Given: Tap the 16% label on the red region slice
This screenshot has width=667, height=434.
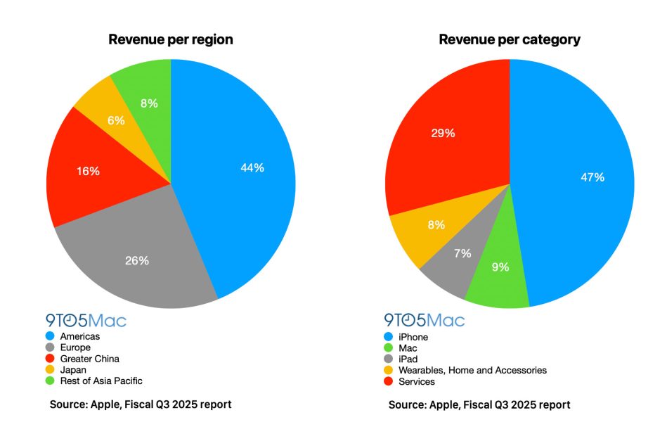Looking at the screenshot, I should tap(89, 171).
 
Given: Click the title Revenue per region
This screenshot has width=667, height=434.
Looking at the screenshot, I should tap(171, 39).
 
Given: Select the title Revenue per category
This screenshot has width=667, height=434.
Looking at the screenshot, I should tap(510, 39).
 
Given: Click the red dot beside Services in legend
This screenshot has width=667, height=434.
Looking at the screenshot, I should tap(389, 382).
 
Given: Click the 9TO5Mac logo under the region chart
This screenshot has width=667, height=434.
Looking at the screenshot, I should tap(86, 321).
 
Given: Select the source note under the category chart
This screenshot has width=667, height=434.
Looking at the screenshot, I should tap(479, 405).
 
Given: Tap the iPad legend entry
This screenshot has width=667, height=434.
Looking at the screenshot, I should tap(408, 359).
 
